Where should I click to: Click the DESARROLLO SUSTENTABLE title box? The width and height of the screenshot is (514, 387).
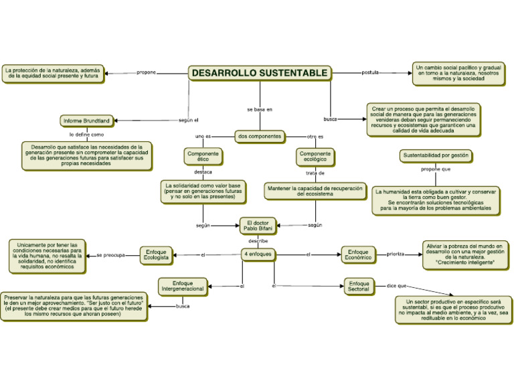pos(260,72)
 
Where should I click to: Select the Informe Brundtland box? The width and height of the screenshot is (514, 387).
pos(87,121)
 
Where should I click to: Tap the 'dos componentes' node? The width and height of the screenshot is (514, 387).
pos(260,136)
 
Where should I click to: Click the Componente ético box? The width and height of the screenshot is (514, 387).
pos(203,157)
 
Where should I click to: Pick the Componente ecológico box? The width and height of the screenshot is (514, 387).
pos(315,157)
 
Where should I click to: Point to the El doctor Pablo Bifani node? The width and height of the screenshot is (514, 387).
pos(258,226)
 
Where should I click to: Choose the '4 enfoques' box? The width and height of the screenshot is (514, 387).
pos(258,254)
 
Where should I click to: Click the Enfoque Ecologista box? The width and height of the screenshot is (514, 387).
pos(156,254)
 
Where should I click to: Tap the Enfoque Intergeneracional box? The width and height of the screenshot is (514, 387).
pos(183,287)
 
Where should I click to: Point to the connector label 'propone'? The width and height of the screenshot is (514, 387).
pos(146,72)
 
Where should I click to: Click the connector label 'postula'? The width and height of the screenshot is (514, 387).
pos(369,72)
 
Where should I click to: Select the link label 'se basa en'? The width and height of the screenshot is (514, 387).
pos(260,108)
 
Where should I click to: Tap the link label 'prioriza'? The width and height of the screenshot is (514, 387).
pos(395,254)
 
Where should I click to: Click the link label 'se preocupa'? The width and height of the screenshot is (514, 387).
pos(110,255)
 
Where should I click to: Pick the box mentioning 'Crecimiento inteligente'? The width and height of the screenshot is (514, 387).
pos(464,254)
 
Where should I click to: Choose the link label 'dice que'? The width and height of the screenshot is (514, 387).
pos(396,286)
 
